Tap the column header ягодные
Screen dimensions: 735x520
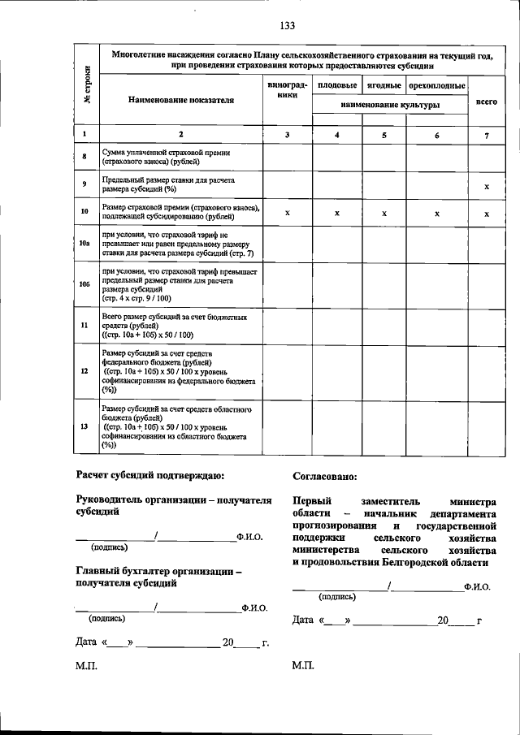383,85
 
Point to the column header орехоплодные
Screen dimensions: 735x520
437,85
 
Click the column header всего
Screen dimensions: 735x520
486,103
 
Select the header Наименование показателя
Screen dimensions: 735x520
180,100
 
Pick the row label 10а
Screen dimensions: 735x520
84,242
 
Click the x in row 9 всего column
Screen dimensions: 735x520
486,186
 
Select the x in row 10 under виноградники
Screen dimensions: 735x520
288,214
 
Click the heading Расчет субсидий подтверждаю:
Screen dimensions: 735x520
151,475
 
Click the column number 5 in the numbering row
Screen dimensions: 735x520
383,135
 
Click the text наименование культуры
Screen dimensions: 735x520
390,106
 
